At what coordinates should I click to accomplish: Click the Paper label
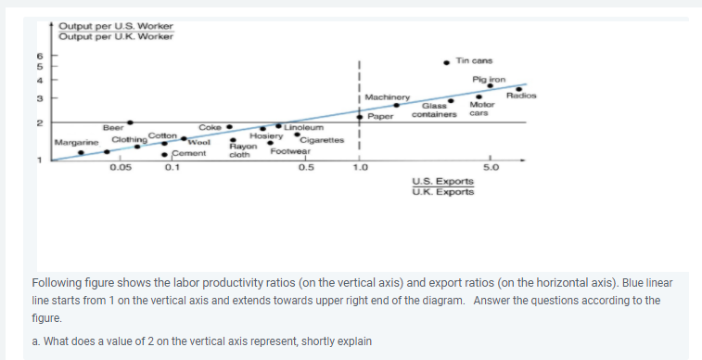tap(381, 116)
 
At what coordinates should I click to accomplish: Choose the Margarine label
tap(77, 142)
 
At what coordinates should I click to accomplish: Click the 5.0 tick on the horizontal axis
tap(490, 168)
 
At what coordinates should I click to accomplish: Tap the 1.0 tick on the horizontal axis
tap(359, 168)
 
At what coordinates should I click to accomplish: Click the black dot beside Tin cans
tap(448, 62)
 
